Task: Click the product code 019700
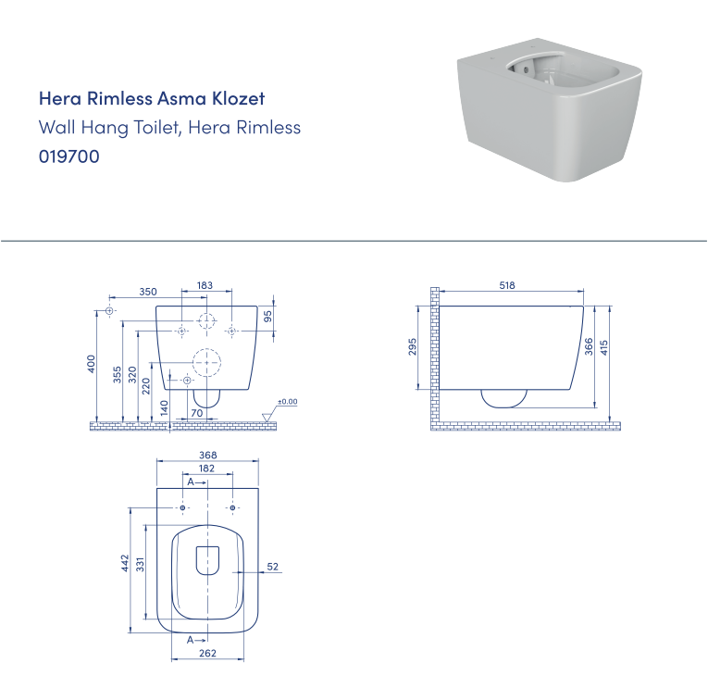(68, 157)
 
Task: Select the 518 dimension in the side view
(506, 286)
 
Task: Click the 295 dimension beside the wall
(413, 346)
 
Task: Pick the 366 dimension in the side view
(588, 347)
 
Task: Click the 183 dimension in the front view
(205, 286)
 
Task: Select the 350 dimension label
(147, 291)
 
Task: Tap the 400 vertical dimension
(92, 364)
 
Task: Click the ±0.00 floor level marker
(288, 402)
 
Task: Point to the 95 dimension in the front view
(267, 316)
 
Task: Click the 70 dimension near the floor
(196, 412)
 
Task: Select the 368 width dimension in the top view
(207, 455)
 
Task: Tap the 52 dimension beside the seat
(273, 567)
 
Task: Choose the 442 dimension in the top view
(125, 565)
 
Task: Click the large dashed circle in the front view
(207, 363)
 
